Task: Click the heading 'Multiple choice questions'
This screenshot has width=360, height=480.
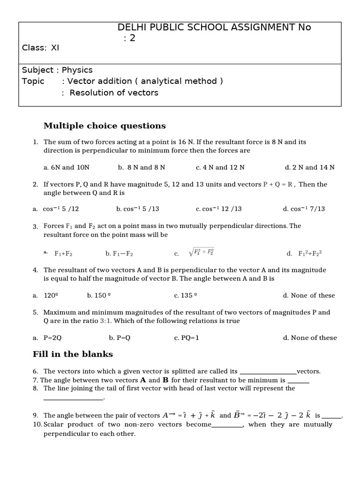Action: (x=105, y=126)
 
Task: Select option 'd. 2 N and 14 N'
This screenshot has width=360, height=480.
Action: (x=309, y=167)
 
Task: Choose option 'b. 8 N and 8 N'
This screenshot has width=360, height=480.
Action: (x=142, y=167)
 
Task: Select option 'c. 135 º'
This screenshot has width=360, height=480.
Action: (x=185, y=295)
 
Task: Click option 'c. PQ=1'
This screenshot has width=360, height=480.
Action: (x=187, y=337)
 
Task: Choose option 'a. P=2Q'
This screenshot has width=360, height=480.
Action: (x=49, y=337)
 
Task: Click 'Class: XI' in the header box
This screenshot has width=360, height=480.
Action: (x=41, y=48)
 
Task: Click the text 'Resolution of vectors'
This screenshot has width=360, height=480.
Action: (x=114, y=93)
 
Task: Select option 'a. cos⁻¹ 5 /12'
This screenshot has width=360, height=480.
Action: (x=55, y=209)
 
